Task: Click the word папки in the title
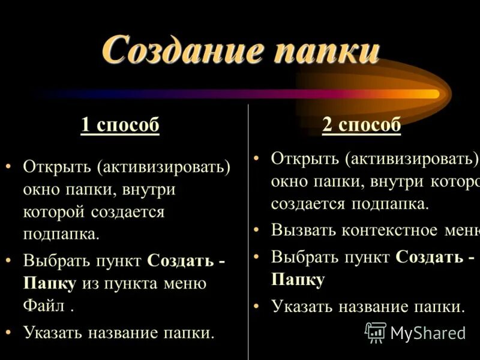point(326,50)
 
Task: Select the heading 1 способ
point(120,126)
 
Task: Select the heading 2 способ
point(361,125)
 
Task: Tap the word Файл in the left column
point(43,307)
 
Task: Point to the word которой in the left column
point(55,212)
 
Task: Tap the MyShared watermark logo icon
point(376,332)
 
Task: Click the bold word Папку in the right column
point(298,280)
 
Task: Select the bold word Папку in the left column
point(50,284)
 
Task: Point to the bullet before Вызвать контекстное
point(256,230)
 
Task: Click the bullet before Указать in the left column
point(8,331)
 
